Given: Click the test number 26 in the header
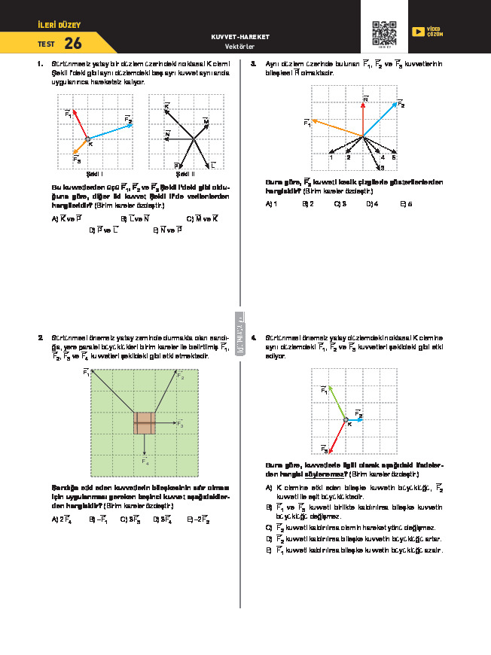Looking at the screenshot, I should pyautogui.click(x=74, y=44).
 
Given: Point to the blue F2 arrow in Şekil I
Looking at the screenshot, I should pyautogui.click(x=110, y=132).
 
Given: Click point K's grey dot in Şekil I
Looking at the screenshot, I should pyautogui.click(x=87, y=139).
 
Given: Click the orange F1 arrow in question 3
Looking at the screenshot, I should pyautogui.click(x=337, y=128).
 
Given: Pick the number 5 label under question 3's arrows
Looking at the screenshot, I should pyautogui.click(x=394, y=157).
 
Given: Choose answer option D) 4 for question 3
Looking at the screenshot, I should pyautogui.click(x=372, y=203).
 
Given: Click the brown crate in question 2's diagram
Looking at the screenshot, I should pyautogui.click(x=145, y=423).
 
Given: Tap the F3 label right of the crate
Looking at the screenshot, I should pyautogui.click(x=180, y=425).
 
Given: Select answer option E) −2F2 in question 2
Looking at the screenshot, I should pyautogui.click(x=198, y=519).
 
